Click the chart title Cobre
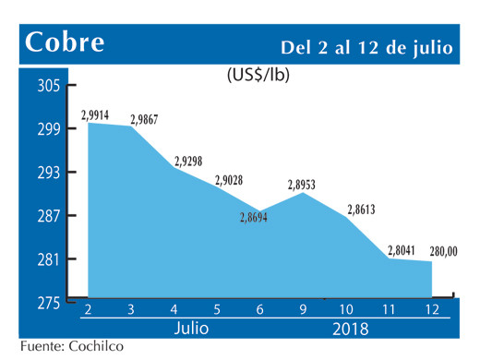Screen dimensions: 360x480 [x=65, y=43]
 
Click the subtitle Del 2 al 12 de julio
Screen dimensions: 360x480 [x=366, y=47]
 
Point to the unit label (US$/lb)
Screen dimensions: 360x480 [x=259, y=75]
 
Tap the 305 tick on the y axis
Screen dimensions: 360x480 [x=48, y=86]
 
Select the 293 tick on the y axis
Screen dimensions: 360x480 [x=48, y=173]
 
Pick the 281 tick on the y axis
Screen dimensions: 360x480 [x=48, y=259]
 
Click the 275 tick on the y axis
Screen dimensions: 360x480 [x=48, y=303]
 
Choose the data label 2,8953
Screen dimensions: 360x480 [x=302, y=185]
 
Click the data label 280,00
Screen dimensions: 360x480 [x=443, y=251]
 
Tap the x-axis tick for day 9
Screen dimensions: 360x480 [x=303, y=309]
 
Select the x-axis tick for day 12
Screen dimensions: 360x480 [x=431, y=309]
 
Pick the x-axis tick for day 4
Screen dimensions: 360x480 [x=174, y=309]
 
